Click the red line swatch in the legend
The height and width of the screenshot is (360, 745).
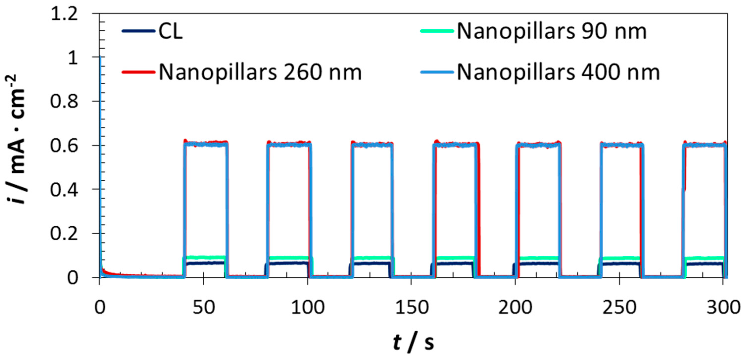pos(138,72)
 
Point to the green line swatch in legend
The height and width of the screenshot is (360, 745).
pos(437,31)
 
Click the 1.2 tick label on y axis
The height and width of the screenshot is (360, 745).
pos(64,14)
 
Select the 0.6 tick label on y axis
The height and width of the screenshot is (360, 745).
pos(64,145)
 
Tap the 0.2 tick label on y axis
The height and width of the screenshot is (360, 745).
pos(64,234)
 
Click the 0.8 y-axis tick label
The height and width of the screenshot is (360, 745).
pos(64,101)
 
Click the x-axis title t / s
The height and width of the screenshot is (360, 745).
pos(413,342)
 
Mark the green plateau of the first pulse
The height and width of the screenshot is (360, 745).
pos(205,257)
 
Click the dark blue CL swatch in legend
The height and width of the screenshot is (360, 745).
pos(138,31)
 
